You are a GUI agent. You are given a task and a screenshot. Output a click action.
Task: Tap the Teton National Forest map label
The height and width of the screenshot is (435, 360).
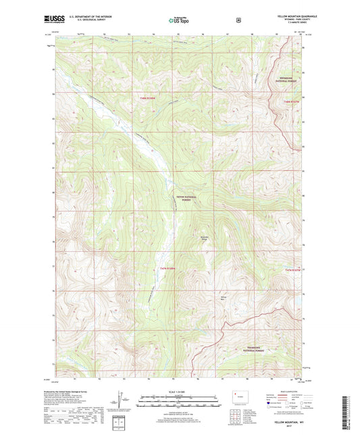pos(184,198)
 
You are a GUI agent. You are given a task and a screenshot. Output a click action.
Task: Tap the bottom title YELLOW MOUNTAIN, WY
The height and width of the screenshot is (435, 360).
pos(289,421)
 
